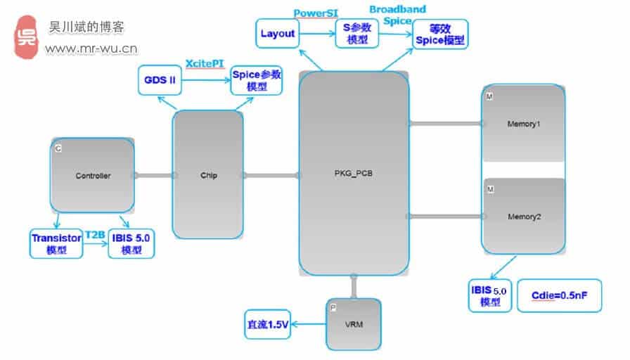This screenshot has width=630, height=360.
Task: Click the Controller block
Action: [92, 175]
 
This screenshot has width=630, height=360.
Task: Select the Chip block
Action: [208, 175]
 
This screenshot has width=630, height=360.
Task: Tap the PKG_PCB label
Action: [353, 174]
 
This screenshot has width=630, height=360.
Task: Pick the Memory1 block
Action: [523, 124]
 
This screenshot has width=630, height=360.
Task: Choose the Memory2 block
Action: [523, 216]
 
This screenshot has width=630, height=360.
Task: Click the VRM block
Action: [353, 323]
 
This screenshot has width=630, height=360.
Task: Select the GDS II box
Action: [160, 80]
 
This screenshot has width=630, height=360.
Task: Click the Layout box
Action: [277, 33]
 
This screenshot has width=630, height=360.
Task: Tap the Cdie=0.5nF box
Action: [559, 296]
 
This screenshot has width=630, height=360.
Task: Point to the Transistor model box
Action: [56, 243]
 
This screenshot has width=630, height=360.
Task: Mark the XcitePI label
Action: [206, 63]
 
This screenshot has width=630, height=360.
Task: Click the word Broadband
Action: [397, 9]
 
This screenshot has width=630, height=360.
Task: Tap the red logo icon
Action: [27, 37]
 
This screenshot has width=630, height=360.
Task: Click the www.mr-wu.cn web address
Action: [91, 49]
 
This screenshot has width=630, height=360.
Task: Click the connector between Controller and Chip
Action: [153, 176]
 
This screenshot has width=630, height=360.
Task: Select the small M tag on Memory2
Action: [490, 190]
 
